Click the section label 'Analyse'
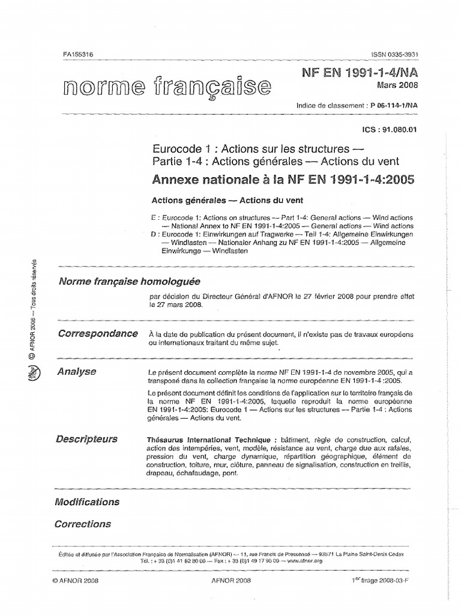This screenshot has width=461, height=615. [76, 372]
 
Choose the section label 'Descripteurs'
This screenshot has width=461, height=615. [86, 439]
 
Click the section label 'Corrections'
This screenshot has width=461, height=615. [82, 524]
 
